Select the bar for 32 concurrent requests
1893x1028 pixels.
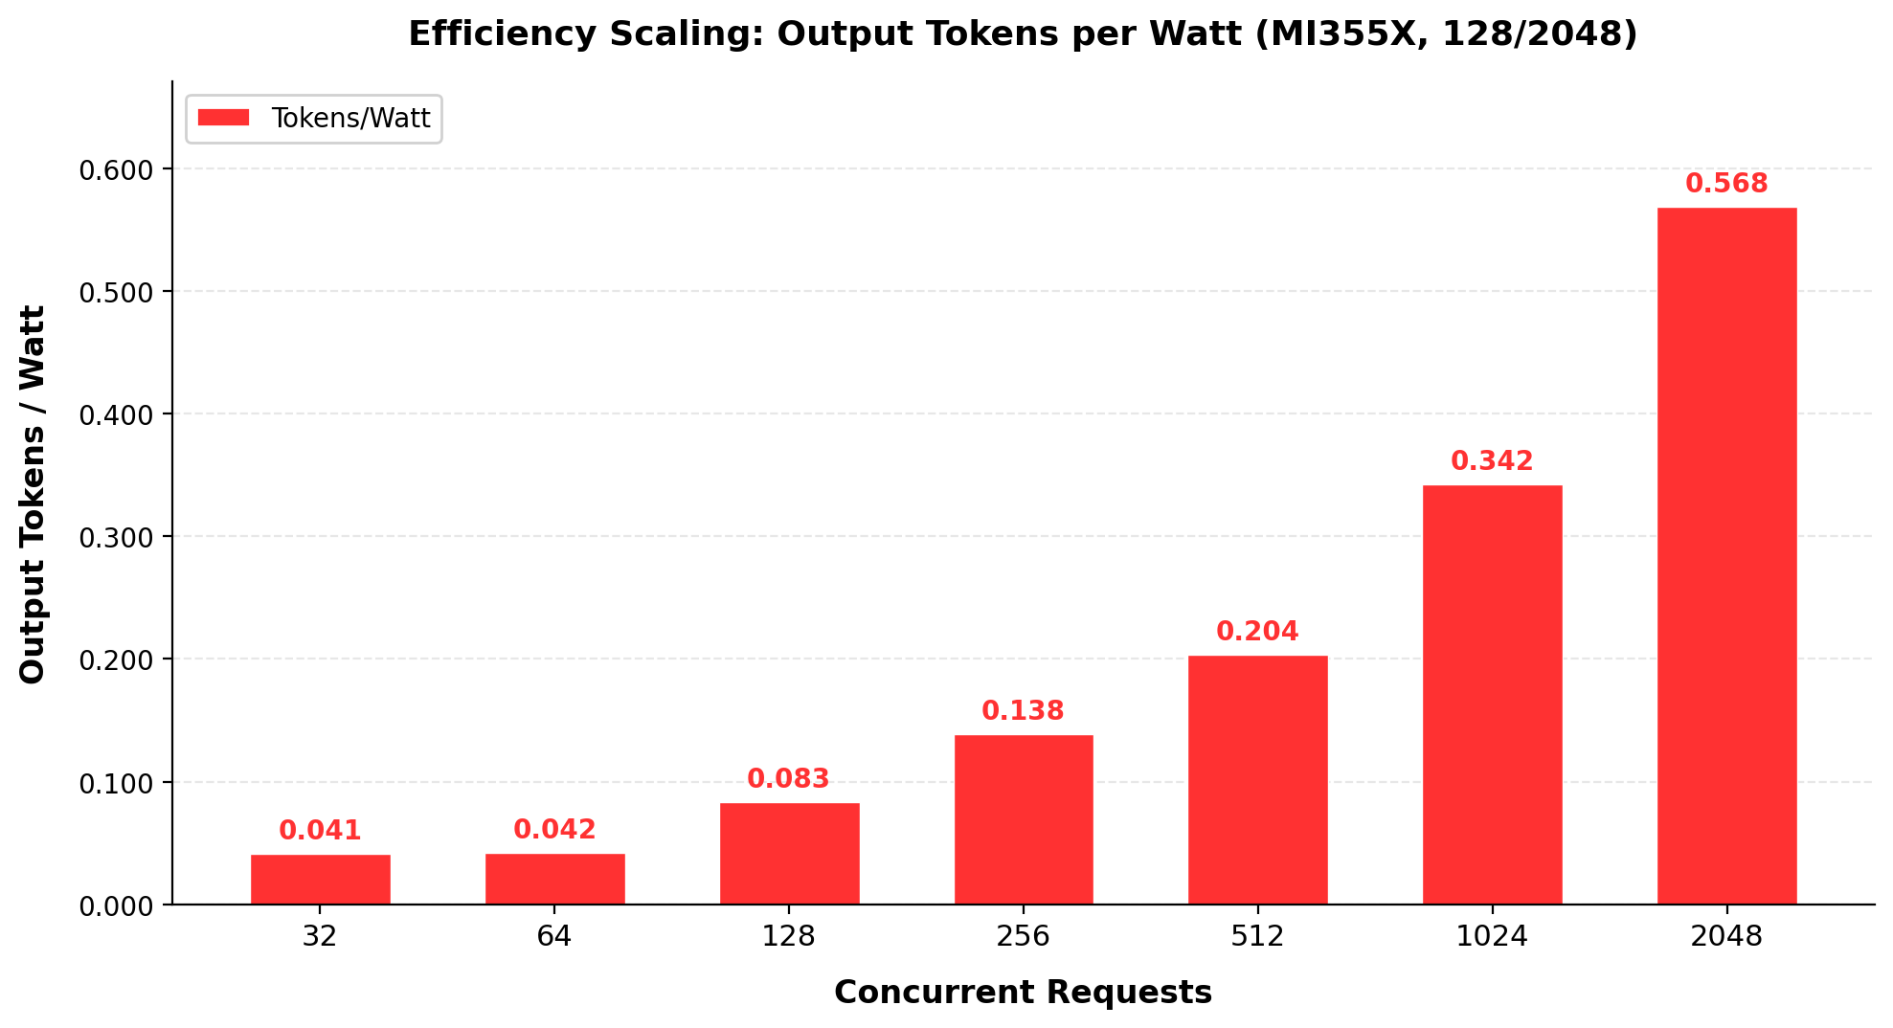(320, 879)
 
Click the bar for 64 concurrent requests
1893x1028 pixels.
(554, 879)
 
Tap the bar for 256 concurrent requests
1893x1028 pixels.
(1024, 819)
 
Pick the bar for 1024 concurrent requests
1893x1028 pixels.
(1492, 694)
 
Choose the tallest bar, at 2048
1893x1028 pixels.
(1726, 555)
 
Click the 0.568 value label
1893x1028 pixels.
(1726, 184)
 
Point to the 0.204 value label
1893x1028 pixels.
(1257, 632)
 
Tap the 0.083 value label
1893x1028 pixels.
(788, 779)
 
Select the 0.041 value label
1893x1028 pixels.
(320, 831)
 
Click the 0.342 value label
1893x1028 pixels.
(1492, 461)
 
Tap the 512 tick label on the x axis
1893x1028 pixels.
(1257, 936)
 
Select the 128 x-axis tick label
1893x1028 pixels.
(788, 936)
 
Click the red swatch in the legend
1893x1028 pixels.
(223, 118)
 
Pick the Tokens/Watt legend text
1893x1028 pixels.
(350, 118)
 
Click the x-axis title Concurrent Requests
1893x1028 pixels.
(1023, 993)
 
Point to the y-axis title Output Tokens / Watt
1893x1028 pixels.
(33, 494)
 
